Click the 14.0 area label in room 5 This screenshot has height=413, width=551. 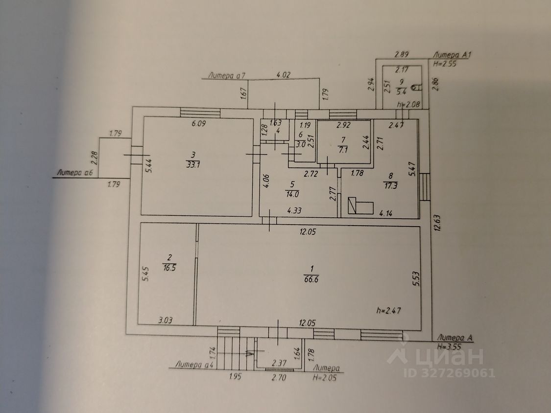tap(293, 194)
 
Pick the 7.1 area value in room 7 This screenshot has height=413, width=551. tap(343, 150)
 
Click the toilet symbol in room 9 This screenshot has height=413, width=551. tap(417, 88)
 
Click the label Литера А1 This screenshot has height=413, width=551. tap(452, 56)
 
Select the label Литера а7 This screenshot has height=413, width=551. tap(226, 75)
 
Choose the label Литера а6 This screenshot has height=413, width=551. tap(75, 172)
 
